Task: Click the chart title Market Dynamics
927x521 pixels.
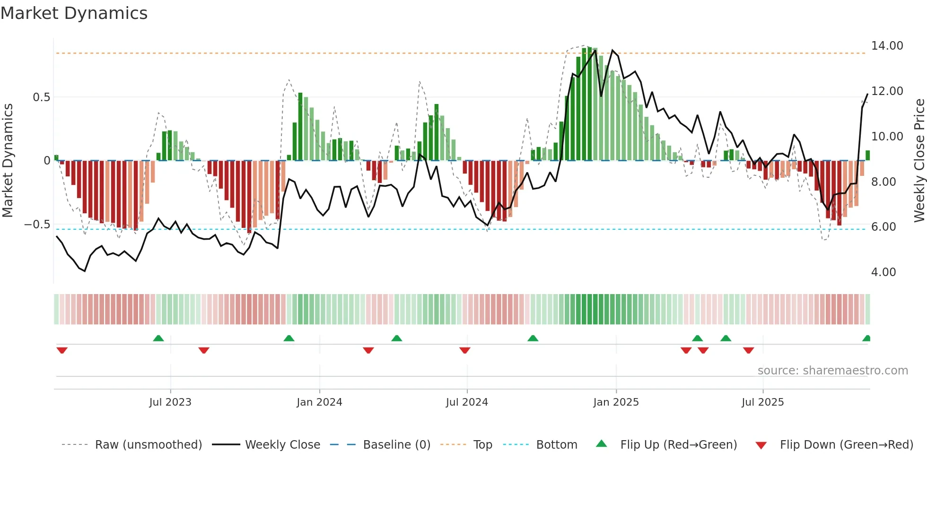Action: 74,13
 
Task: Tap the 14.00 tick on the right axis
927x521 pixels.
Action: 887,46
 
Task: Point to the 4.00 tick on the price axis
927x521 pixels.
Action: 883,272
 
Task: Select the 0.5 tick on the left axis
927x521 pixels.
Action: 41,97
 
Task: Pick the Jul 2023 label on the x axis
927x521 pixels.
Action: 170,402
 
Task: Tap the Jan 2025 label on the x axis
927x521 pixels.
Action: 616,402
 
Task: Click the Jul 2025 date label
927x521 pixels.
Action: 762,402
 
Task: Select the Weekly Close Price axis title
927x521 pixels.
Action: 919,161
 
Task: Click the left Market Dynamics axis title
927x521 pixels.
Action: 8,161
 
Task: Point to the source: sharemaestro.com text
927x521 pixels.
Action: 832,371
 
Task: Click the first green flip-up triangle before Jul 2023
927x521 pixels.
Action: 158,339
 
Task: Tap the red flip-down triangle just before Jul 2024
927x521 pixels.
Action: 465,350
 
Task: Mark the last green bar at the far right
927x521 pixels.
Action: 868,156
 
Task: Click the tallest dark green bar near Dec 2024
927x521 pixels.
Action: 590,104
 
